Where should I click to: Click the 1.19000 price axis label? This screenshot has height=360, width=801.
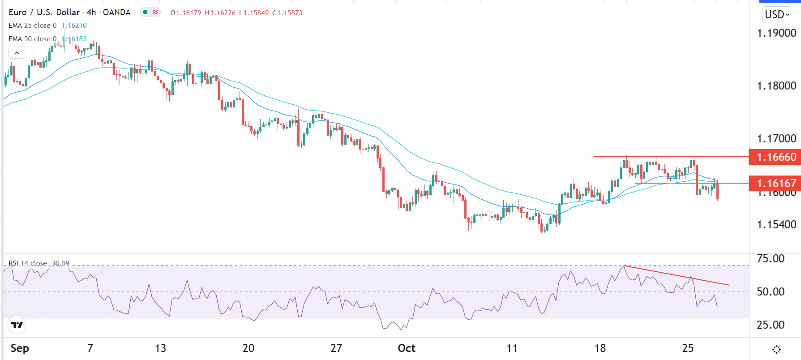pos(776,33)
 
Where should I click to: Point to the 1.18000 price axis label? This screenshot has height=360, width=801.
pos(776,86)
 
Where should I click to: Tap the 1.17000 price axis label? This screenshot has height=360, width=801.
pos(776,138)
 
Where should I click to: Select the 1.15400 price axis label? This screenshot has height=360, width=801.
pos(776,224)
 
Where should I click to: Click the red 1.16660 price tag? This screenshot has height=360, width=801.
pos(776,157)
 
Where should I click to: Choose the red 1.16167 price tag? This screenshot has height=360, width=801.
pos(776,183)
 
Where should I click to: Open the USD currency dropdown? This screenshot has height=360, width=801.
pos(776,15)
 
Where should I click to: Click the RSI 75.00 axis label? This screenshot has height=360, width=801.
pos(770,258)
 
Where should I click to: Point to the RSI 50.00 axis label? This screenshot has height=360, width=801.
pos(770,291)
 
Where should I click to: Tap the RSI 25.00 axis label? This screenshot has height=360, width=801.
pos(770,325)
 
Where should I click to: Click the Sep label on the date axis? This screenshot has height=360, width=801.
pos(20,348)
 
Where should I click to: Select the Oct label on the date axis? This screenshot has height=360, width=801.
pos(407,348)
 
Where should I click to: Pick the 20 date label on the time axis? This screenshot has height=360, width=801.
pos(248,348)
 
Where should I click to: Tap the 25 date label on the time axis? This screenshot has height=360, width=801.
pos(688,348)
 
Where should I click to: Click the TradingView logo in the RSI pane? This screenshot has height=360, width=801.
pos(17,325)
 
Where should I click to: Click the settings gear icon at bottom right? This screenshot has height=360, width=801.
pos(776,349)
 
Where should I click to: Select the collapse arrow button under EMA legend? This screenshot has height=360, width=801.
pos(17,53)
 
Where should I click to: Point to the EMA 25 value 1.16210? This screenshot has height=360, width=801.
pos(74,26)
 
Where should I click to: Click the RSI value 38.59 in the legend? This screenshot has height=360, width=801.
pos(60,263)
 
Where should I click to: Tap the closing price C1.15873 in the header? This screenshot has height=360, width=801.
pos(287,13)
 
